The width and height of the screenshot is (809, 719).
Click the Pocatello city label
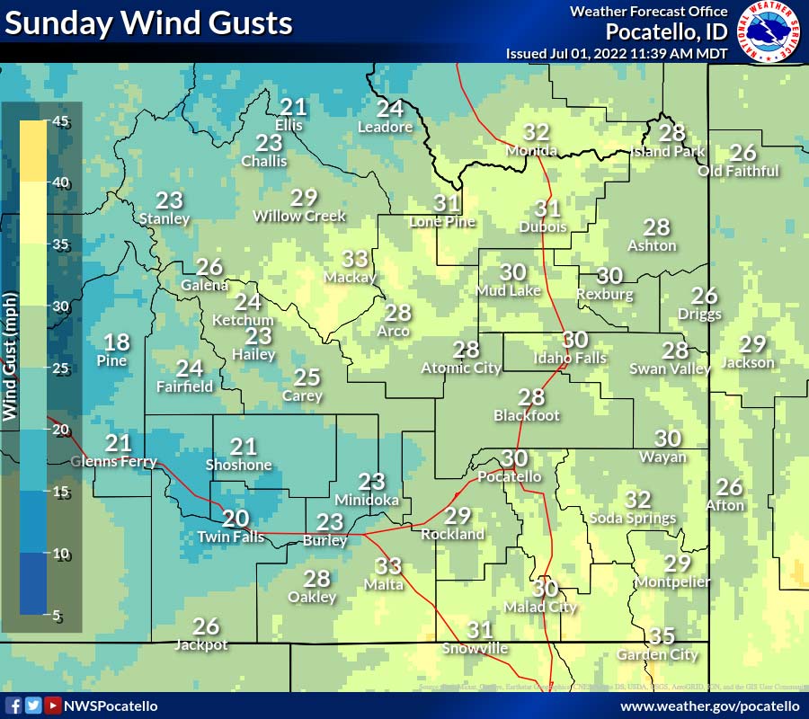point(510,476)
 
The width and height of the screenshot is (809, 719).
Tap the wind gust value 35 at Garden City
point(662,636)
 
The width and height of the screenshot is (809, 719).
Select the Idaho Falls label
point(570,358)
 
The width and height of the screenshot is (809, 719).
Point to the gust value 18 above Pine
point(117,342)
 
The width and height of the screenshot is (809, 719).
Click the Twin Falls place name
point(231,537)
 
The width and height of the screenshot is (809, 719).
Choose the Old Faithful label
point(739,171)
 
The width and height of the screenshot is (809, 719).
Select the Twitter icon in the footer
point(33,706)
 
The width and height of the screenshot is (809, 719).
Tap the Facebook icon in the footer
point(13,706)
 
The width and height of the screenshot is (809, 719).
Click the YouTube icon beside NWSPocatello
point(53,706)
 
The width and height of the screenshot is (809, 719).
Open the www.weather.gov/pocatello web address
point(709,706)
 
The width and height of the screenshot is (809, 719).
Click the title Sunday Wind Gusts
point(149,22)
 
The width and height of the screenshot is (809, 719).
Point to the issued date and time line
point(617,53)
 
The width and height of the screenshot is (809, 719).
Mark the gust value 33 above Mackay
point(355,260)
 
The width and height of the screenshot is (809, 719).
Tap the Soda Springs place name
point(633,518)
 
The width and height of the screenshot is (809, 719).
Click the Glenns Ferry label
point(114,462)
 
